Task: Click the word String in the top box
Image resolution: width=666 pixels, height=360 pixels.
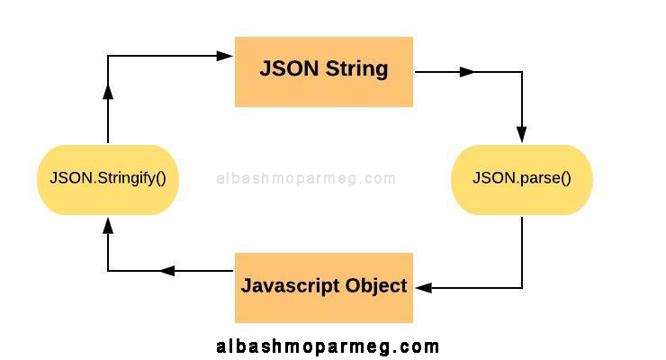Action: tap(356, 69)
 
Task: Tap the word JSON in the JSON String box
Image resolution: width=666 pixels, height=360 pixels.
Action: tap(289, 68)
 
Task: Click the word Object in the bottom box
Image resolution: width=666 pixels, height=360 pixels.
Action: tap(376, 286)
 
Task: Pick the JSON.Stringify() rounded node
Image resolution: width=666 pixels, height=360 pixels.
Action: tap(108, 180)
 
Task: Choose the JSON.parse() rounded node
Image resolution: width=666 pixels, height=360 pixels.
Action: tap(522, 180)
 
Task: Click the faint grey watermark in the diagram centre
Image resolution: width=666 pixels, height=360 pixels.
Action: tap(306, 178)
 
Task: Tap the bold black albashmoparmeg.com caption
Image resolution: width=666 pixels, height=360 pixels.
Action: tap(328, 346)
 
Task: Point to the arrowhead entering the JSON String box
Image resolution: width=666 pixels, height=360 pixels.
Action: tap(224, 56)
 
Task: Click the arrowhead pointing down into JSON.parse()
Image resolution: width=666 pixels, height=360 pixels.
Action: tap(522, 134)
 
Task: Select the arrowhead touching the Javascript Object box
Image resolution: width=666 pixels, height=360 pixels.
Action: tap(424, 288)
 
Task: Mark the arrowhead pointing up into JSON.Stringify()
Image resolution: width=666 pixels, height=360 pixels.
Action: tap(108, 225)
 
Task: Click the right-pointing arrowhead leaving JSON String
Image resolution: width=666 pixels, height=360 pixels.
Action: tap(467, 72)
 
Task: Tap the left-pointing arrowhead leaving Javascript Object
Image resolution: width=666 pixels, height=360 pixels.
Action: tap(167, 271)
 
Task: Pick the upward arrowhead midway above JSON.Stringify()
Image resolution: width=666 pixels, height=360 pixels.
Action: tap(108, 92)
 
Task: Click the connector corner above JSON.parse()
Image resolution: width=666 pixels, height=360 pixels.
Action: tap(522, 72)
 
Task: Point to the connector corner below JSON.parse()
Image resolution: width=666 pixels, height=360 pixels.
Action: tap(522, 288)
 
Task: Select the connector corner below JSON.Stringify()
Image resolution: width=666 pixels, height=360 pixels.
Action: tap(108, 271)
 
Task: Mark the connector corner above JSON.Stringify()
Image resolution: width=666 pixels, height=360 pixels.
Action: tap(108, 56)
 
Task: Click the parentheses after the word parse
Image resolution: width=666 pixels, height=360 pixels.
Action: tap(566, 178)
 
